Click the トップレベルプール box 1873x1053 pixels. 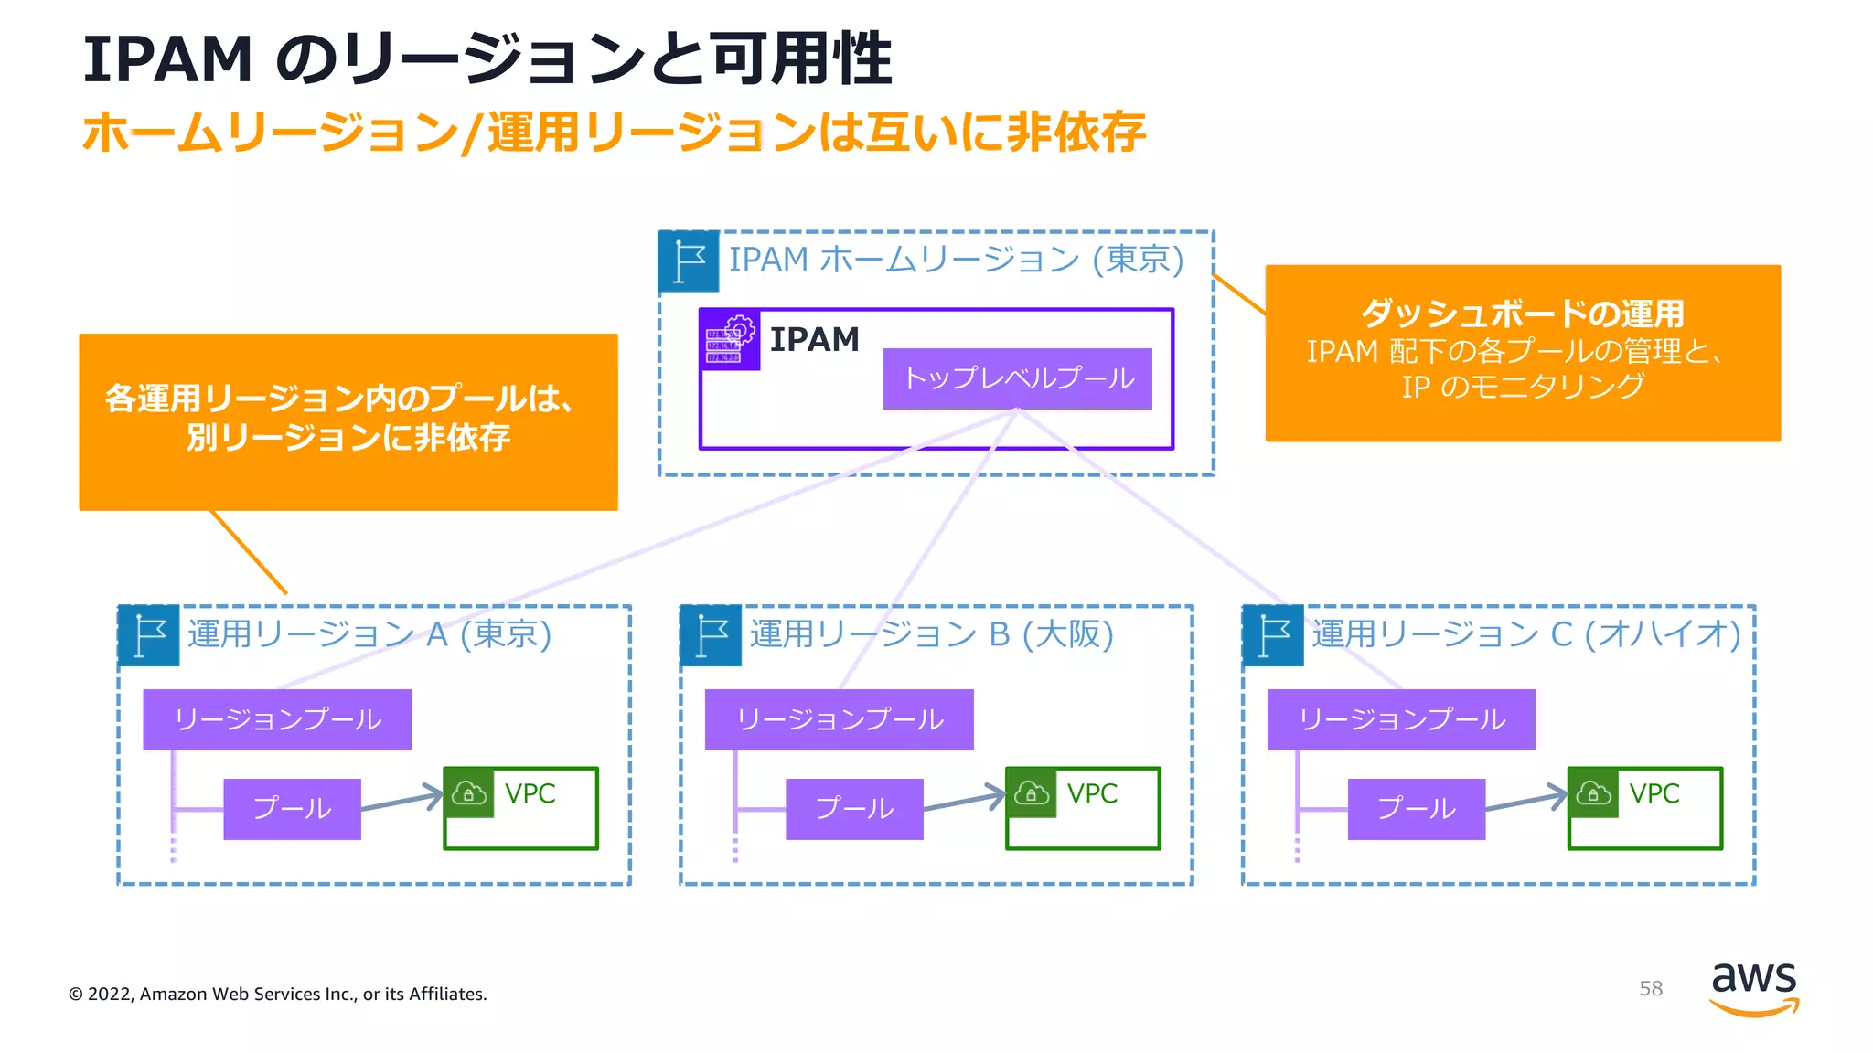tap(1017, 378)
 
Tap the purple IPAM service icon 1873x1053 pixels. tap(729, 339)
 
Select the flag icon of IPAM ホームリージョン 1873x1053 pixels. tap(689, 261)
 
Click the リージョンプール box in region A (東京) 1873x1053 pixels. tap(277, 719)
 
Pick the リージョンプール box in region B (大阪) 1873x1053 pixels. tap(839, 719)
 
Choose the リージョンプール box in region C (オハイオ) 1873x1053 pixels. tap(1401, 719)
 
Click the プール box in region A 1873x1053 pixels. tap(292, 809)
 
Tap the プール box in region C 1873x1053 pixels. tap(1416, 809)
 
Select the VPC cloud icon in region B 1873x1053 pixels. tap(1032, 792)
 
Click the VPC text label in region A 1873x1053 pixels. tap(530, 793)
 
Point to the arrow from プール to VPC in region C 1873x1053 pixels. tap(1525, 800)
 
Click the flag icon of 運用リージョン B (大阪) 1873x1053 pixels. tap(711, 635)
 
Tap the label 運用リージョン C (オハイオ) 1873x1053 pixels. tap(1525, 633)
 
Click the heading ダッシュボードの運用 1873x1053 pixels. tap(1522, 314)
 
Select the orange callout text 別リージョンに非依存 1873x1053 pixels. tap(348, 437)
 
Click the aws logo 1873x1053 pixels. tap(1753, 987)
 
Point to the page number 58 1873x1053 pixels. tap(1650, 988)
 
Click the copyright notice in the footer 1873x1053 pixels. tap(278, 994)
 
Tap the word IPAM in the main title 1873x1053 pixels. tap(167, 60)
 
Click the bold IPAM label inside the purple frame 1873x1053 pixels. tap(814, 339)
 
